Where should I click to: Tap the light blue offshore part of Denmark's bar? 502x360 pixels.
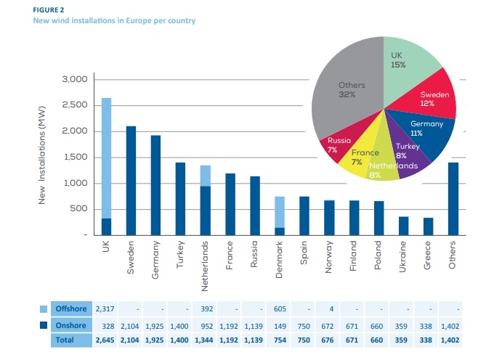point(279,211)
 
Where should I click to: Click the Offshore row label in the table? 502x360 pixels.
point(71,309)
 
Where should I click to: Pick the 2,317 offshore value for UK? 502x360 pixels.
point(107,309)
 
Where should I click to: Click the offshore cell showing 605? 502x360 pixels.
point(280,309)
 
